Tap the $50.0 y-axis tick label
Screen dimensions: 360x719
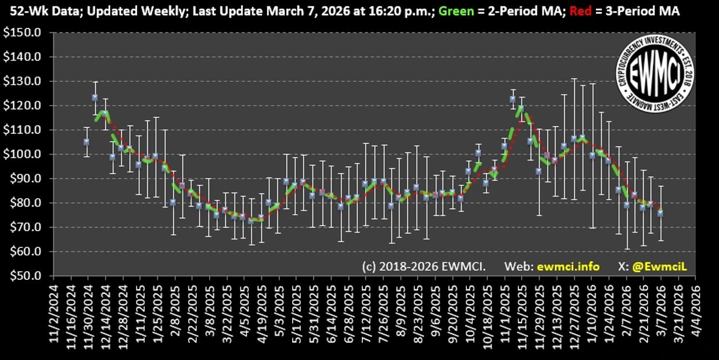coord(26,276)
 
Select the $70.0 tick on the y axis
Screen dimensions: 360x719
coord(26,228)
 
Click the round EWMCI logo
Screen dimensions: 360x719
coord(656,74)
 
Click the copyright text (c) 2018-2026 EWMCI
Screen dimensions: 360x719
coord(423,266)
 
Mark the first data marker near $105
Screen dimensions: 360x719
coord(87,142)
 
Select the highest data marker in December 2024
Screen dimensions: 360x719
coord(95,98)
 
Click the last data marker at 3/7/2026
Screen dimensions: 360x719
coord(661,213)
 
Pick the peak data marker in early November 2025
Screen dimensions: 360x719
coord(513,99)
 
